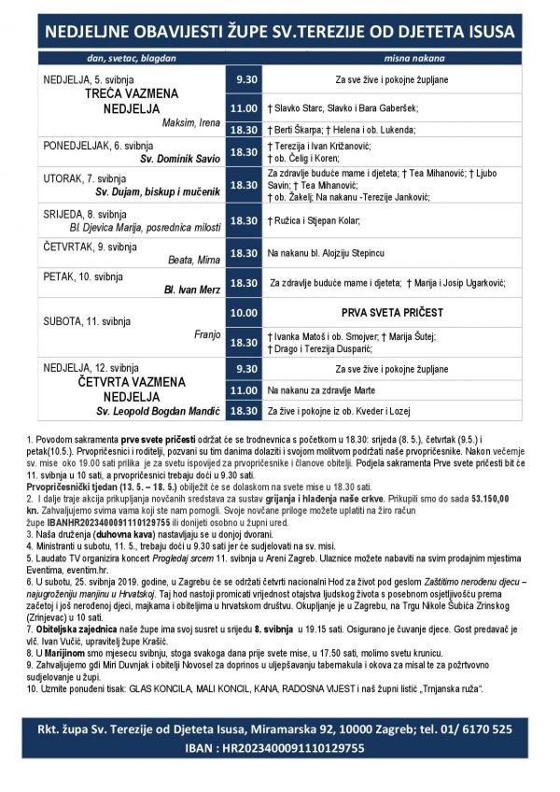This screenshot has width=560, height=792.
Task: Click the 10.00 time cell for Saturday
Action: (244, 312)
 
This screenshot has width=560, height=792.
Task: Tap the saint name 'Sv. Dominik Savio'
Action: (180, 160)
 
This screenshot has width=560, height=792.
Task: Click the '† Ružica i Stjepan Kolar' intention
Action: (314, 220)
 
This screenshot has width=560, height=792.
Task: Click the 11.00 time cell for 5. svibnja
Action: (244, 108)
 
